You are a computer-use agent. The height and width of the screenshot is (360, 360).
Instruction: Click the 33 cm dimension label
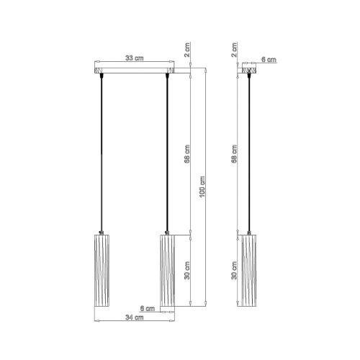[135, 58]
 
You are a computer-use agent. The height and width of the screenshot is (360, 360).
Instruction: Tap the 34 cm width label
[135, 318]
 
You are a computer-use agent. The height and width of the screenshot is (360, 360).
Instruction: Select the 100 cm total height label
[203, 186]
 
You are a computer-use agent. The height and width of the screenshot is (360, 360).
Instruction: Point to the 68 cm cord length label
[187, 154]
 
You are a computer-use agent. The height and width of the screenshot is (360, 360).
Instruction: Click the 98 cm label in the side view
[235, 154]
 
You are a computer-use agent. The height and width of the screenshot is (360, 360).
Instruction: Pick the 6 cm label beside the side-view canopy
[269, 59]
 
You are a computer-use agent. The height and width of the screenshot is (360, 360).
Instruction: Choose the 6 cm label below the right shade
[148, 308]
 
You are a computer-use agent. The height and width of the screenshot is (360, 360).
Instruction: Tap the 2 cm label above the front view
[187, 50]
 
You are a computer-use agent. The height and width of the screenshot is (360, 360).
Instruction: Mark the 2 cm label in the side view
[235, 50]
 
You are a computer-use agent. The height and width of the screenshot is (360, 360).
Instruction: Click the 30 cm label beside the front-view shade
[187, 270]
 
